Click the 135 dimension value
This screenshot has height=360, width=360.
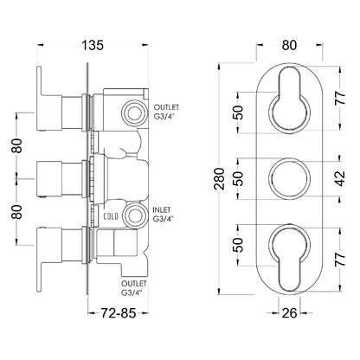tap(93, 45)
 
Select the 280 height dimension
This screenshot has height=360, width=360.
tap(220, 178)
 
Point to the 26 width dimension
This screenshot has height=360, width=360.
tap(289, 312)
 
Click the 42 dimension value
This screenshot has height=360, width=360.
tap(341, 178)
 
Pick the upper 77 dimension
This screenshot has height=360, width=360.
tap(341, 98)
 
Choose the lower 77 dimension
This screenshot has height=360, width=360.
tap(341, 259)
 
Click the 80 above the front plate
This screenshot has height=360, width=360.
tap(289, 45)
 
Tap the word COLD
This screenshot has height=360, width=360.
tap(111, 216)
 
